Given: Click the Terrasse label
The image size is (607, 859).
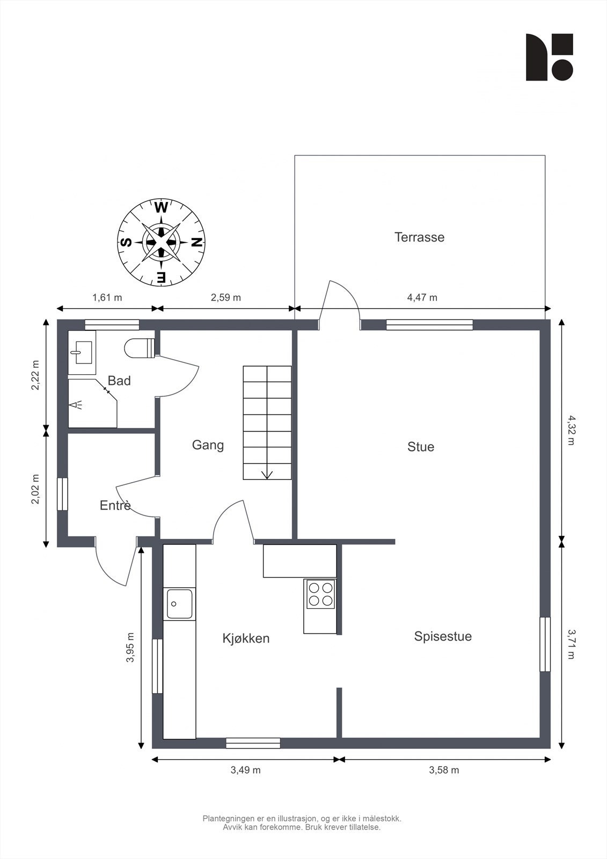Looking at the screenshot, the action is pyautogui.click(x=420, y=237).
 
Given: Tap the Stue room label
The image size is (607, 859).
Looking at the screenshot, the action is pyautogui.click(x=421, y=447).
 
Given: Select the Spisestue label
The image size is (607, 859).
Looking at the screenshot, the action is pyautogui.click(x=443, y=637).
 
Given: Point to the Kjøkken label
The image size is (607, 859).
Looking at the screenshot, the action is pyautogui.click(x=246, y=638).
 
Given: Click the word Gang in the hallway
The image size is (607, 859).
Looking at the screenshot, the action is pyautogui.click(x=208, y=445).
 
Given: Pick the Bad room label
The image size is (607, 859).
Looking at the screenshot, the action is pyautogui.click(x=119, y=381).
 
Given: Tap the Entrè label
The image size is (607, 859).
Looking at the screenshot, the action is pyautogui.click(x=115, y=505).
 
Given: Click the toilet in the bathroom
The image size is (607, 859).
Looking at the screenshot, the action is pyautogui.click(x=140, y=348).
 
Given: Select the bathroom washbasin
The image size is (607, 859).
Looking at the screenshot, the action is pyautogui.click(x=82, y=352).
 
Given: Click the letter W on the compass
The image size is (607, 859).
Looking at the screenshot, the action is pyautogui.click(x=161, y=208).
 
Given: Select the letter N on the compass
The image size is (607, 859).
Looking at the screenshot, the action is pyautogui.click(x=197, y=242).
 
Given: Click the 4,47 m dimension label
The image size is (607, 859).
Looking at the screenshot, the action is pyautogui.click(x=422, y=297).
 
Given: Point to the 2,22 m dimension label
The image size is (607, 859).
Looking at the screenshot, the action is pyautogui.click(x=35, y=375).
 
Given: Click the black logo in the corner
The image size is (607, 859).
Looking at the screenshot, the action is pyautogui.click(x=550, y=57).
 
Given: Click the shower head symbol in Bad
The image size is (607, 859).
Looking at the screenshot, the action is pyautogui.click(x=76, y=405).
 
